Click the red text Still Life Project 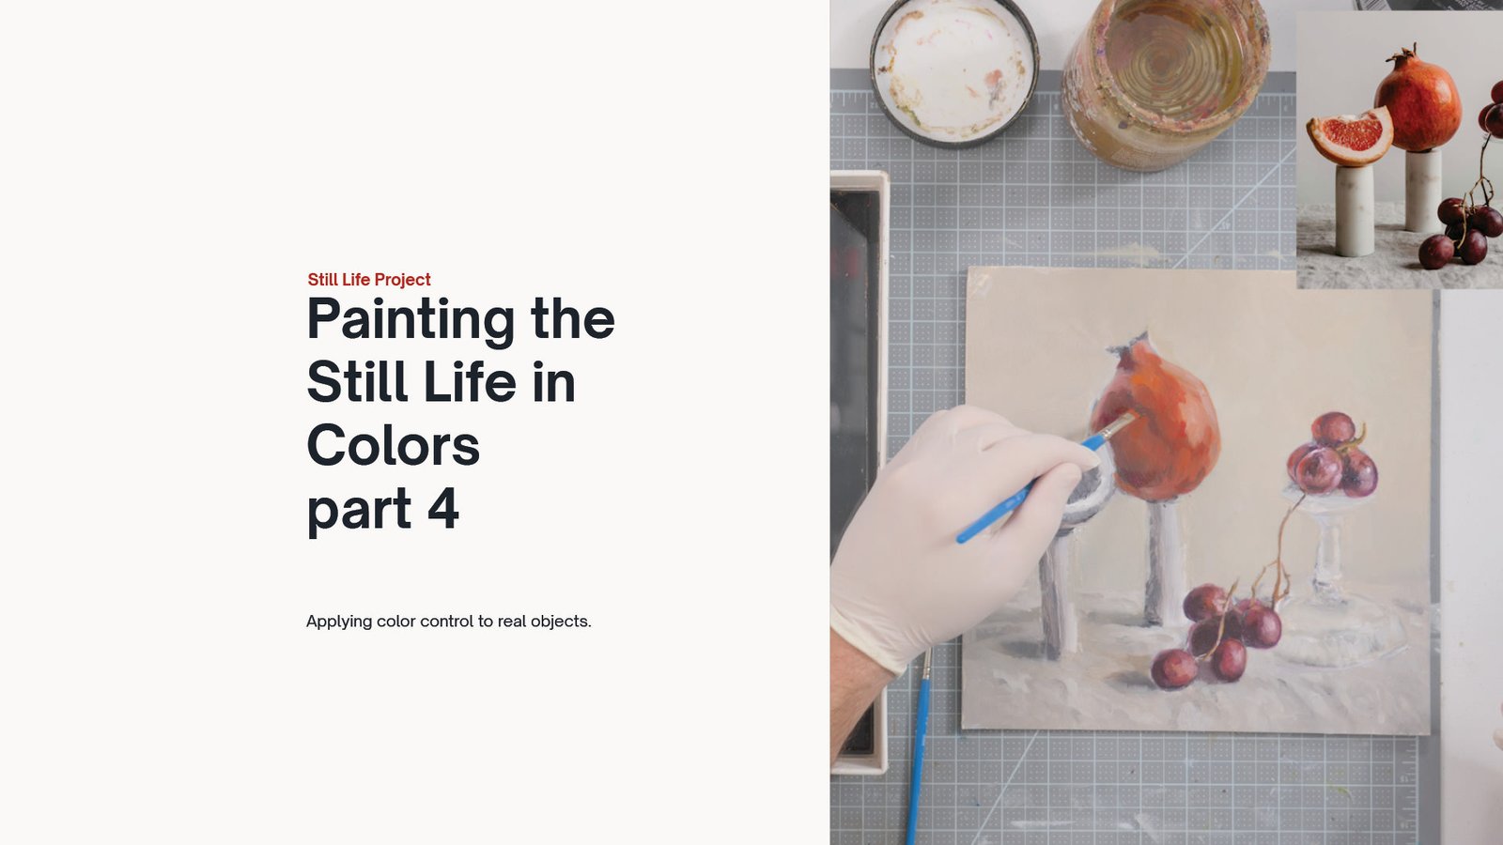tap(369, 280)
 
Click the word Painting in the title tap(411, 320)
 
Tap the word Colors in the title tap(394, 445)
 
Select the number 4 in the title tap(442, 508)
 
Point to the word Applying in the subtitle tap(339, 622)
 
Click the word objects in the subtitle tap(560, 622)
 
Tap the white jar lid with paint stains tap(954, 71)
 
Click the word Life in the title tap(470, 382)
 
